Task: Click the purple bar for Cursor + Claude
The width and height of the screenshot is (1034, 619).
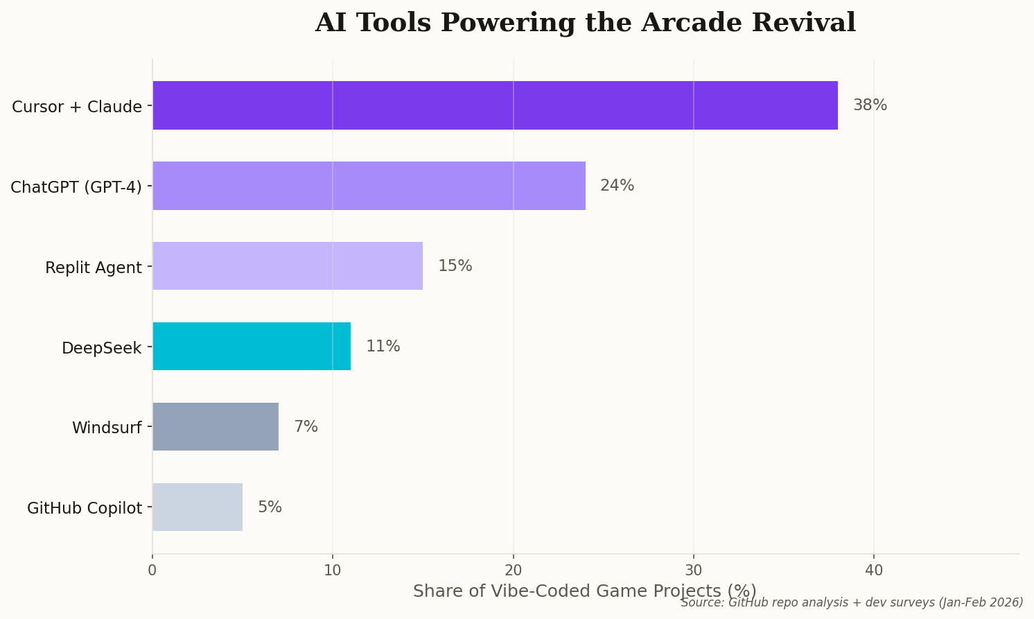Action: [495, 105]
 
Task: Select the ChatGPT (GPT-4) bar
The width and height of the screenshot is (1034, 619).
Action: [369, 186]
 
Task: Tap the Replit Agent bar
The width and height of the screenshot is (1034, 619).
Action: [288, 266]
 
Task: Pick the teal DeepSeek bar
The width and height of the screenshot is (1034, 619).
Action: [252, 347]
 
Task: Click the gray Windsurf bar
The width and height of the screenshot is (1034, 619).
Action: [216, 427]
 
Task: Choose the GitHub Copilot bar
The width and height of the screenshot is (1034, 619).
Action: [198, 507]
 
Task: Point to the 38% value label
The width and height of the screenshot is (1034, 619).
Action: [870, 105]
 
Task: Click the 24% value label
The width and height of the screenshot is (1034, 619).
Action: [617, 186]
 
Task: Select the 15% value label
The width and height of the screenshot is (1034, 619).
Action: [455, 266]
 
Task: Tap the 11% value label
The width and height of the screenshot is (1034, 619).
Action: [383, 347]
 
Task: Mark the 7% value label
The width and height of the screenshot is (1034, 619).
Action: [306, 427]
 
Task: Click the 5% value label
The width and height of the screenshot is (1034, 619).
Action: [270, 507]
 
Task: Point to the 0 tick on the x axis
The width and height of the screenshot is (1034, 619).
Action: [152, 570]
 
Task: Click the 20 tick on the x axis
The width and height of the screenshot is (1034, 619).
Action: [513, 570]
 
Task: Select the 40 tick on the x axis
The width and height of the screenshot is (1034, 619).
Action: [874, 570]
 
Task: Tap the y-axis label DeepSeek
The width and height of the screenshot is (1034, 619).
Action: [101, 348]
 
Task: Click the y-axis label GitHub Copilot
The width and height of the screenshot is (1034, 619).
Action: [85, 509]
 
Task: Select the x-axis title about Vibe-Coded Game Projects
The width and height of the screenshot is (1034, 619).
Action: [584, 591]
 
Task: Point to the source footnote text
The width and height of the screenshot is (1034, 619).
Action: [852, 602]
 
